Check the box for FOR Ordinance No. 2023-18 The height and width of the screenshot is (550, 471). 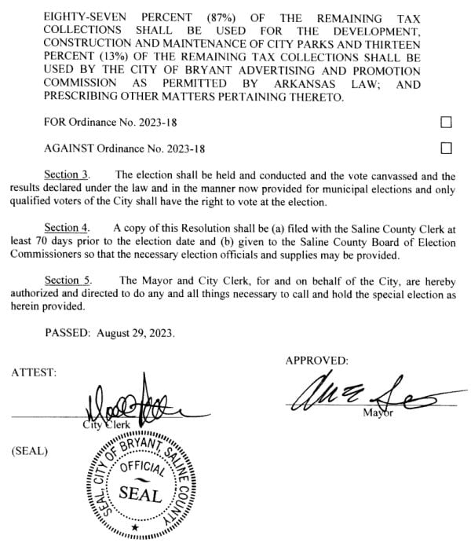click(447, 123)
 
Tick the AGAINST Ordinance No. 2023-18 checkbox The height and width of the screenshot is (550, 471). click(447, 148)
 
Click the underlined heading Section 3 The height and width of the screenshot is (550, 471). click(67, 174)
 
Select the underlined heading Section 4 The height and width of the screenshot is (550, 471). click(67, 227)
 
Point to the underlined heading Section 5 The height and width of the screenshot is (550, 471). click(67, 280)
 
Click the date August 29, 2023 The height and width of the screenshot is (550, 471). click(136, 332)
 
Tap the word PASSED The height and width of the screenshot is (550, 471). click(68, 332)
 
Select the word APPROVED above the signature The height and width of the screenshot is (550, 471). click(316, 360)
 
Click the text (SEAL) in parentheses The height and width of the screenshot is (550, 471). click(30, 452)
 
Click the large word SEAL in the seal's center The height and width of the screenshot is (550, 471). click(141, 495)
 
